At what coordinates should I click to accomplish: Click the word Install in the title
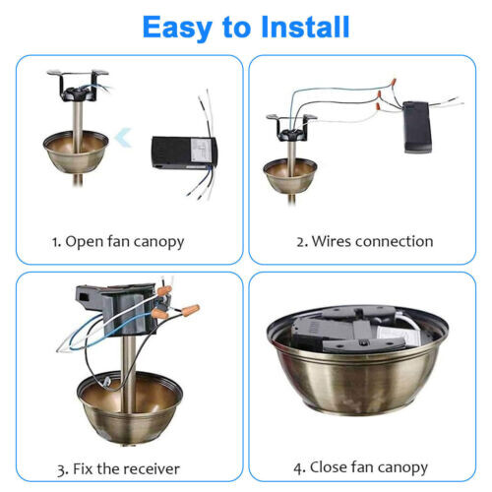[305, 27]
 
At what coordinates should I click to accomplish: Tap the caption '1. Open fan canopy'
[118, 241]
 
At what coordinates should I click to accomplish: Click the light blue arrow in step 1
[121, 140]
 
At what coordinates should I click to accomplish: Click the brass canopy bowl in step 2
[289, 173]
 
